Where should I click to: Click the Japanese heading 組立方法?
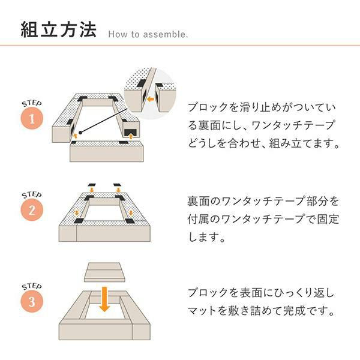click(59, 29)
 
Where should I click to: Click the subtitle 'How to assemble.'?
click(148, 34)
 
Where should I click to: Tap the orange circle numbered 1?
click(32, 118)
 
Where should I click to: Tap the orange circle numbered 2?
click(32, 210)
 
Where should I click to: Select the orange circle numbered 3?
click(32, 301)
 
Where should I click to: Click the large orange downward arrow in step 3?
click(104, 299)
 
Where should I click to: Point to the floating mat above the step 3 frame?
click(104, 272)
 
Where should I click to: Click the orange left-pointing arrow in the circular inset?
click(151, 99)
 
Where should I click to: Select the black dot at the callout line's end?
click(80, 133)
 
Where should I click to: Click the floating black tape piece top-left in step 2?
click(92, 185)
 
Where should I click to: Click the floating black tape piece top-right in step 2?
click(117, 185)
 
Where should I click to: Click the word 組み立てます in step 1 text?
click(300, 143)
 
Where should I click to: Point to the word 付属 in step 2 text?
click(198, 219)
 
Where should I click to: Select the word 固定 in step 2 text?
click(328, 219)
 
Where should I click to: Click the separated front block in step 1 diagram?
click(107, 152)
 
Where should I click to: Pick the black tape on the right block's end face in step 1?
click(130, 133)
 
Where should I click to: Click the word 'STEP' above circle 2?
click(32, 195)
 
